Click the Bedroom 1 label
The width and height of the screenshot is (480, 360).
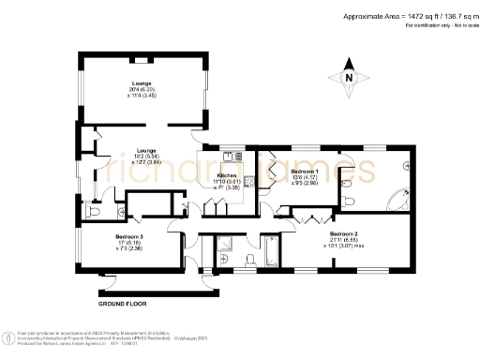click(305, 172)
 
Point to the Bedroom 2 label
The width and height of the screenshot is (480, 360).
click(342, 232)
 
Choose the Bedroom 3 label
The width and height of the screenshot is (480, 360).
click(128, 236)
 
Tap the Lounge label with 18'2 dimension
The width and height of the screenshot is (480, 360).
click(145, 150)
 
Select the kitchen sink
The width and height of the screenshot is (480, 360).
click(229, 156)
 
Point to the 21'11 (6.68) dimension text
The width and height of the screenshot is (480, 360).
click(343, 239)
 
